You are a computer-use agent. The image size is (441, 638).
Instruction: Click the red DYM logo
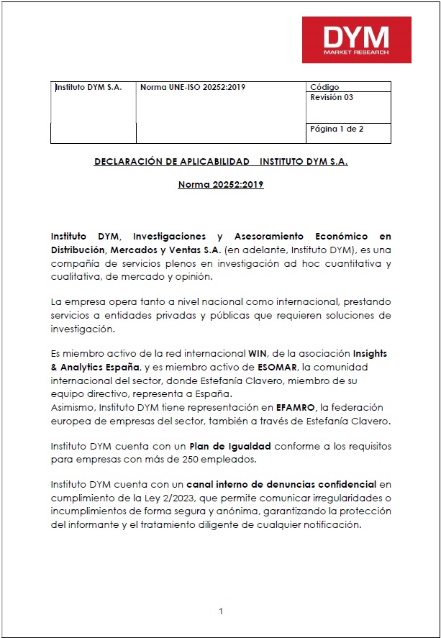click(356, 40)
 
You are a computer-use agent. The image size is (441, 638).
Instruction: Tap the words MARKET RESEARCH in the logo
click(356, 53)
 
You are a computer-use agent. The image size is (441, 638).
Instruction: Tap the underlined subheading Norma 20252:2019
click(221, 185)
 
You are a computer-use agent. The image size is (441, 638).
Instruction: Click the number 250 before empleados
click(186, 459)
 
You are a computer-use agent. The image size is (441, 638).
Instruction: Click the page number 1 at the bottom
click(221, 611)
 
